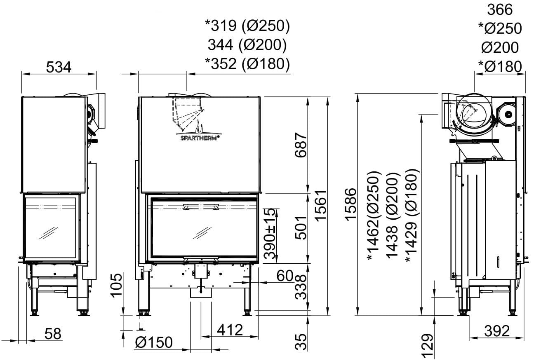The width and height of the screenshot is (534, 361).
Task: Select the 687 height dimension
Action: (301, 145)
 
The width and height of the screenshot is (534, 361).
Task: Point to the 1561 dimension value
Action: (320, 206)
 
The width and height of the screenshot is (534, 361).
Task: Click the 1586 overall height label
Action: (351, 204)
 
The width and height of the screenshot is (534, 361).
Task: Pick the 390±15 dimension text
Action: (270, 234)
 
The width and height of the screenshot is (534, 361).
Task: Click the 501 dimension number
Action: (301, 228)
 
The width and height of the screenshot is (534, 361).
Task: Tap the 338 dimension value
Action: (301, 287)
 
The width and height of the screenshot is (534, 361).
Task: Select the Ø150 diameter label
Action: (154, 342)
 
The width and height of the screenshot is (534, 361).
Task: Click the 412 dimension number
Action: (230, 330)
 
